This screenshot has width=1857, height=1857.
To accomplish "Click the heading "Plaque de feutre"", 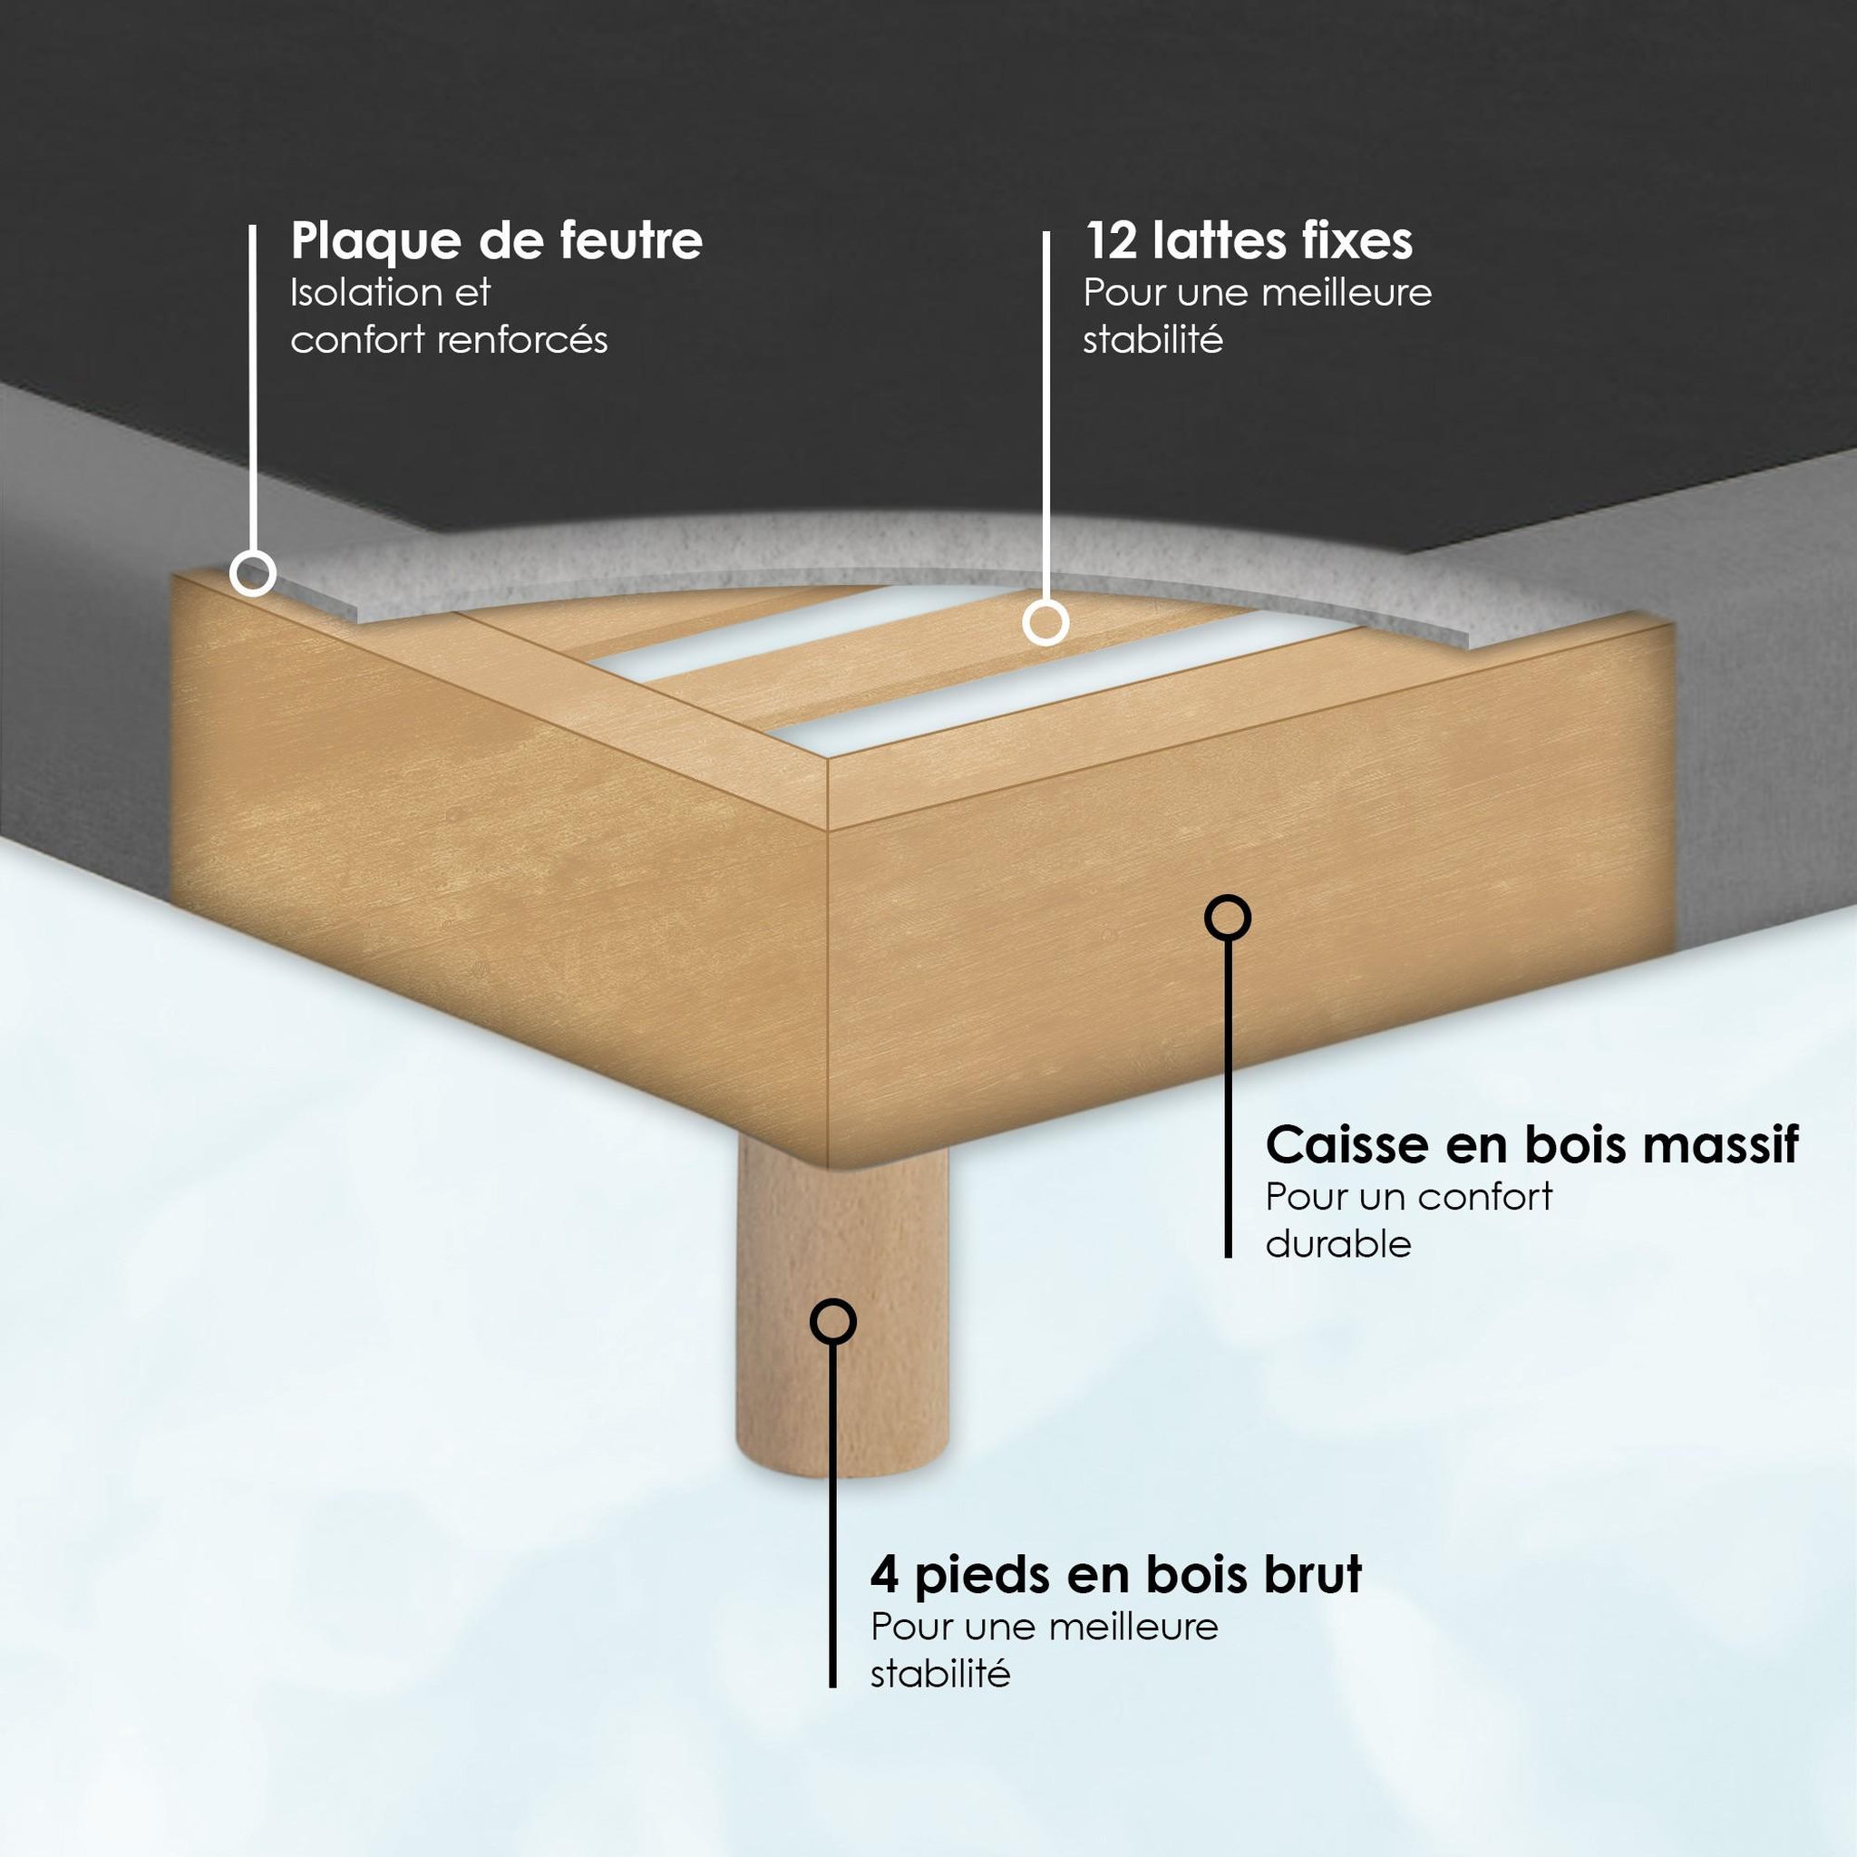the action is coord(496,241).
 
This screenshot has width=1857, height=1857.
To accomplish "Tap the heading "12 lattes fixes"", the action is coord(1249,239).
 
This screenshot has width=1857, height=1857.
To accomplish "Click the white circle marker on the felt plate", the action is coord(253,574).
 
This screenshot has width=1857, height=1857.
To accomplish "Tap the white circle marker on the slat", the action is coord(1045,622).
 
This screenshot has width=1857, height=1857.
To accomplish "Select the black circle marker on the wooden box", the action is coord(1228,918).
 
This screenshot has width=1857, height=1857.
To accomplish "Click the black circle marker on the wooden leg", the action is coord(832,1323).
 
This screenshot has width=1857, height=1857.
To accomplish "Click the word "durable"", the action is coord(1338,1244).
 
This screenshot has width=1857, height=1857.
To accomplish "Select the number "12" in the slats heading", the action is coord(1110,240).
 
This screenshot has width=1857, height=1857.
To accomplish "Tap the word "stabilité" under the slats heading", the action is coord(1152,339).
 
